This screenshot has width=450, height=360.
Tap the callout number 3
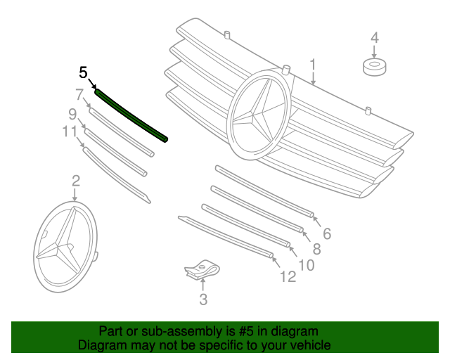[x=202, y=301]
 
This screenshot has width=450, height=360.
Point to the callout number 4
[x=374, y=37]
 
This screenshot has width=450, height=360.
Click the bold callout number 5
[x=84, y=72]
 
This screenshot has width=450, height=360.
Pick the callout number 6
[x=326, y=233]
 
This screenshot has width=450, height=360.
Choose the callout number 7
[x=79, y=94]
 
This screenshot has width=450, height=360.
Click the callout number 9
[x=72, y=113]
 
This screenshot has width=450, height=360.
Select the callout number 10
[x=306, y=264]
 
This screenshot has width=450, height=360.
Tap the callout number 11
[x=68, y=131]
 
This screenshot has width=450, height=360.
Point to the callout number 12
[x=288, y=277]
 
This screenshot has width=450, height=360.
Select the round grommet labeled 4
[x=374, y=67]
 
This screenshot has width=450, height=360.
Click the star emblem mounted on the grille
[x=258, y=112]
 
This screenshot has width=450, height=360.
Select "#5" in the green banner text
[x=232, y=331]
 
